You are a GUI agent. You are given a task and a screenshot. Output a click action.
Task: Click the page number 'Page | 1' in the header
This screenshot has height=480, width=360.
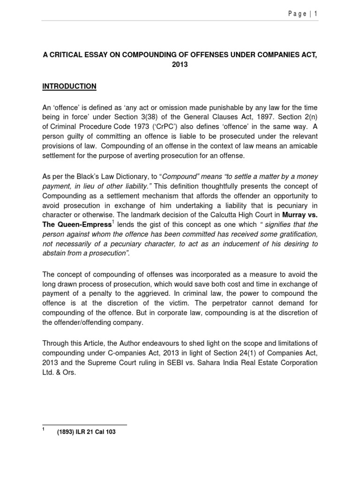pos(302,14)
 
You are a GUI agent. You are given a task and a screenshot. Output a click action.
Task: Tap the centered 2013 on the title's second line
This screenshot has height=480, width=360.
pos(180,65)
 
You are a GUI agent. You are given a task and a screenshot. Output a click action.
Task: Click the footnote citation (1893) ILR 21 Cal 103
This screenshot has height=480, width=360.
pos(87,432)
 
